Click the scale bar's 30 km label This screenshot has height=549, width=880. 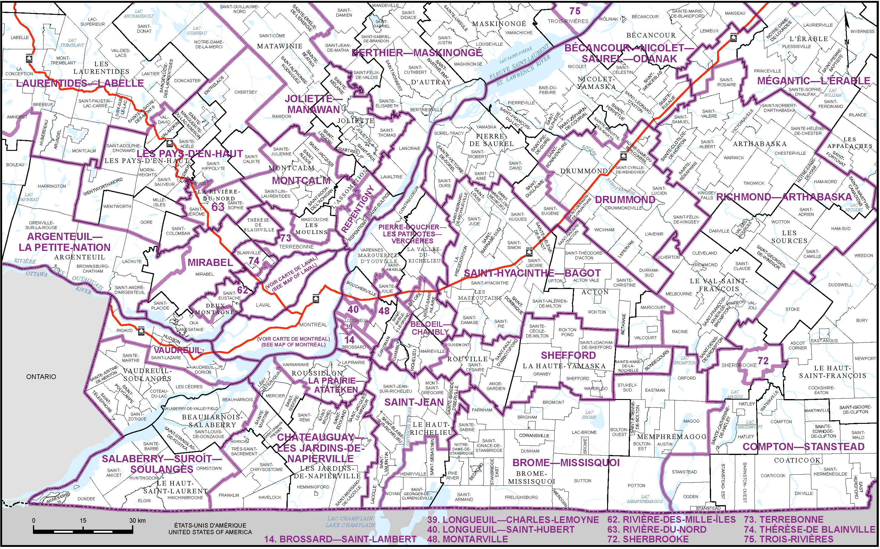pos(137,521)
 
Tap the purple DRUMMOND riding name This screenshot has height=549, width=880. pos(625,200)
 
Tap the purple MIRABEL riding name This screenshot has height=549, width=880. pos(210,262)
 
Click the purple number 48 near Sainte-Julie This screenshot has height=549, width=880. pos(383,311)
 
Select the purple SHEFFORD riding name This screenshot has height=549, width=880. pos(568,356)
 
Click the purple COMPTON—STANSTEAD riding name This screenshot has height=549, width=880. pos(804,447)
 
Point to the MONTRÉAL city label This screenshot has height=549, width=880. pos(313,325)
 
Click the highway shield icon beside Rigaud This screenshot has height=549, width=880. pos(141,331)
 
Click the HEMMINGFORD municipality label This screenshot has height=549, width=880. pos(313,487)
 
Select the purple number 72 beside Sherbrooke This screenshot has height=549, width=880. pos(763,361)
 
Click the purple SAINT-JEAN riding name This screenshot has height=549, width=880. pos(414,402)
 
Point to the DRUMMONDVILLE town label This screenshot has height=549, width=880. pos(623,208)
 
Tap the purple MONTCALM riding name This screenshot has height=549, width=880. pos(301,180)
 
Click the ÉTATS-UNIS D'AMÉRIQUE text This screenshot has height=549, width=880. pos(210,525)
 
